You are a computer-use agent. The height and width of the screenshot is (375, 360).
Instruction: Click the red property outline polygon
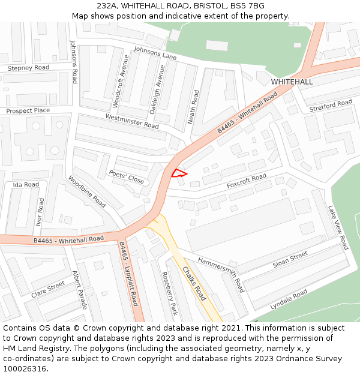[x=179, y=174]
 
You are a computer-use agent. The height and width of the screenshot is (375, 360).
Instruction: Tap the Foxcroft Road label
[x=246, y=181]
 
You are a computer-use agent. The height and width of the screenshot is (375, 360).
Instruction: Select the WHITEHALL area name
[x=292, y=82]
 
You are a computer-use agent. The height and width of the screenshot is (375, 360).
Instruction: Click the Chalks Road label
[x=194, y=283]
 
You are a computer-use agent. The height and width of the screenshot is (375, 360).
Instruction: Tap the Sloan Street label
[x=290, y=259]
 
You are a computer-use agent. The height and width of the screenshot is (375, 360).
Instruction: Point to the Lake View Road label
[x=338, y=227]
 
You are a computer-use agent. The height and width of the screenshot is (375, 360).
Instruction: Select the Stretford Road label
[x=331, y=106]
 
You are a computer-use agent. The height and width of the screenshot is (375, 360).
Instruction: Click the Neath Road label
[x=194, y=107]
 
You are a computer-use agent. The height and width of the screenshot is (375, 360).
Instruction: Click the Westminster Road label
[x=132, y=121]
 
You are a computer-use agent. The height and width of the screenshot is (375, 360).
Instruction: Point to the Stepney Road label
[x=28, y=68]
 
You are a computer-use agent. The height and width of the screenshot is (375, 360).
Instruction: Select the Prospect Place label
[x=28, y=111]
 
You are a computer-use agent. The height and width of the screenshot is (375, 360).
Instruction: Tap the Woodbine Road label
[x=87, y=191]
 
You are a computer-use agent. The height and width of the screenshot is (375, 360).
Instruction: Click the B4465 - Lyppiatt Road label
[x=128, y=274]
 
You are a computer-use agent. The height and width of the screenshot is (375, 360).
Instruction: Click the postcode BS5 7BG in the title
[x=244, y=6]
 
